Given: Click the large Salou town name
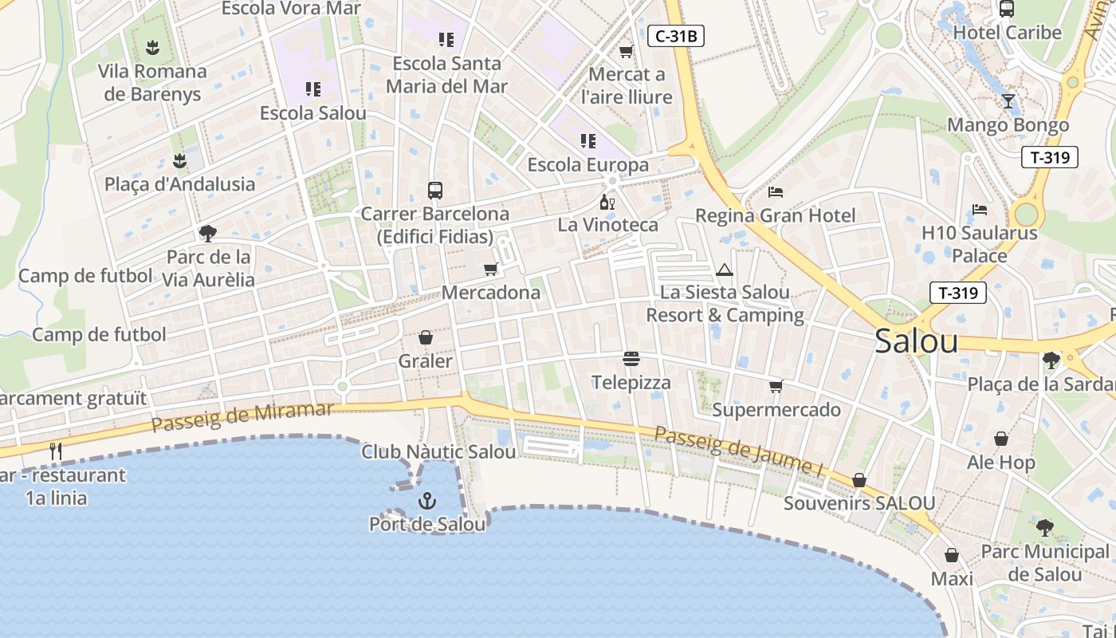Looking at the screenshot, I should pos(916,341).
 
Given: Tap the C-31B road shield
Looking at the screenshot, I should pos(675,36).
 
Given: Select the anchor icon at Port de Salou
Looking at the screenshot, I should pos(427,501).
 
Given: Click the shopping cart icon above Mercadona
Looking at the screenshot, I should pos(490,270).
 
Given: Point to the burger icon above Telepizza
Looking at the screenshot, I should pos(631,359).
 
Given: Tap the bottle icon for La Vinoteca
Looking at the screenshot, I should pos(607,202).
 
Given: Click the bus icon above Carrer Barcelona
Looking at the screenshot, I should pos(435,191).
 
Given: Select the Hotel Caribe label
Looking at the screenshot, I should pos(1008,33).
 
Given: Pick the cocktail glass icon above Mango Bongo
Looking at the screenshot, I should pos(1008,101).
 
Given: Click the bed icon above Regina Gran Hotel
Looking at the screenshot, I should pos(776,192).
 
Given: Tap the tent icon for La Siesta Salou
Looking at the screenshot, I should pos(724,270).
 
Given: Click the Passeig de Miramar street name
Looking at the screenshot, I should pos(242,417).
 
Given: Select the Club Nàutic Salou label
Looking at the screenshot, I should pos(438,452).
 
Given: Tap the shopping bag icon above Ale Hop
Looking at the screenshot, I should pos(1001,439).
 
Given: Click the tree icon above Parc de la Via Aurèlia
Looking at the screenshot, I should pos(208,234).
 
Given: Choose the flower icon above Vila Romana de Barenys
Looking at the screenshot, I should pos(152,48).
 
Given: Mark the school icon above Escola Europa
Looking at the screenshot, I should pos(588,141).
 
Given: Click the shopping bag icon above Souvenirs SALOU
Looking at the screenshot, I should pos(859,480).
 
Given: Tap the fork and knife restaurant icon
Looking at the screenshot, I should pos(56,451).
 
